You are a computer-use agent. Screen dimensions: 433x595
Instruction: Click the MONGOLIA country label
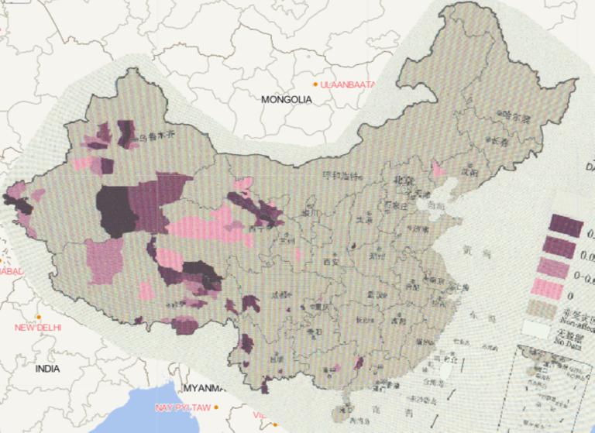[x=286, y=99]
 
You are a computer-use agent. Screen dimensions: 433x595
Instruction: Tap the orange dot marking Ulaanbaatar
[x=315, y=84]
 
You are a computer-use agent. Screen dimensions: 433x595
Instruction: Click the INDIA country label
[x=46, y=369]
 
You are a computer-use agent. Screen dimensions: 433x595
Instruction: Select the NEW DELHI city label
[x=38, y=328]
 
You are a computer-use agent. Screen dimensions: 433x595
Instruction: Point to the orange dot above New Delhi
[x=38, y=317]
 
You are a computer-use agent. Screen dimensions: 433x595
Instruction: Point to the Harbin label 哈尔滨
[x=514, y=119]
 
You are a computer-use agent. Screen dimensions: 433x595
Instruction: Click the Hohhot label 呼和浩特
[x=342, y=175]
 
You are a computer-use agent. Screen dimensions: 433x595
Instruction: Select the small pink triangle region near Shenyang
[x=438, y=170]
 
